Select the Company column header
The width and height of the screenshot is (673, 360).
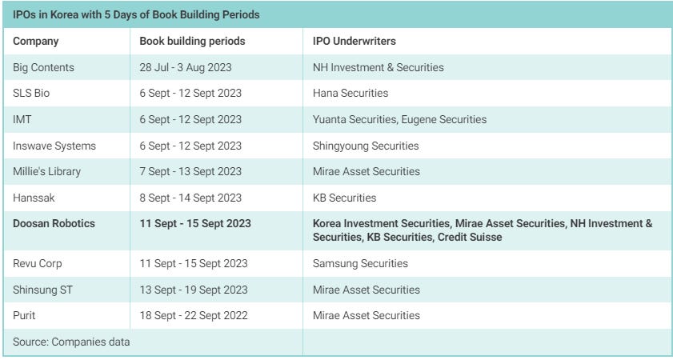36,41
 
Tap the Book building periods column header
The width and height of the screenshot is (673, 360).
192,41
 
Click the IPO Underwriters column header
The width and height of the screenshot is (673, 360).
355,41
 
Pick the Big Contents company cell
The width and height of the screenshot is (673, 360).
43,67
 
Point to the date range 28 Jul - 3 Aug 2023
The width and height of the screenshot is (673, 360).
186,67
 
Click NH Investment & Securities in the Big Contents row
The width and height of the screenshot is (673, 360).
378,67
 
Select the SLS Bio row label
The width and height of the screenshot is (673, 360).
32,93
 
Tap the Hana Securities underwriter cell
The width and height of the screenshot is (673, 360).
351,93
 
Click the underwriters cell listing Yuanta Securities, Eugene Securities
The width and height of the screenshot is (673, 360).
399,119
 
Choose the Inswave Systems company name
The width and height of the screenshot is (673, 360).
54,146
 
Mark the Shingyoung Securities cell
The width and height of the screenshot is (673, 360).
366,146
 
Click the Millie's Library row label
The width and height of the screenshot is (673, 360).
46,171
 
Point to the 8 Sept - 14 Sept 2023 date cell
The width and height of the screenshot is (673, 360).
190,198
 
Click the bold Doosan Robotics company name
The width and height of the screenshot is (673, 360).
54,223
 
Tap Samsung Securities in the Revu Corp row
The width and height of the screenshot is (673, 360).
360,263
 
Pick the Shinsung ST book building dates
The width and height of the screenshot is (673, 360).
194,290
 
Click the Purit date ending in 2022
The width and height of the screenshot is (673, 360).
194,315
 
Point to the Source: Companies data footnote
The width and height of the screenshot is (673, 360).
71,342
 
